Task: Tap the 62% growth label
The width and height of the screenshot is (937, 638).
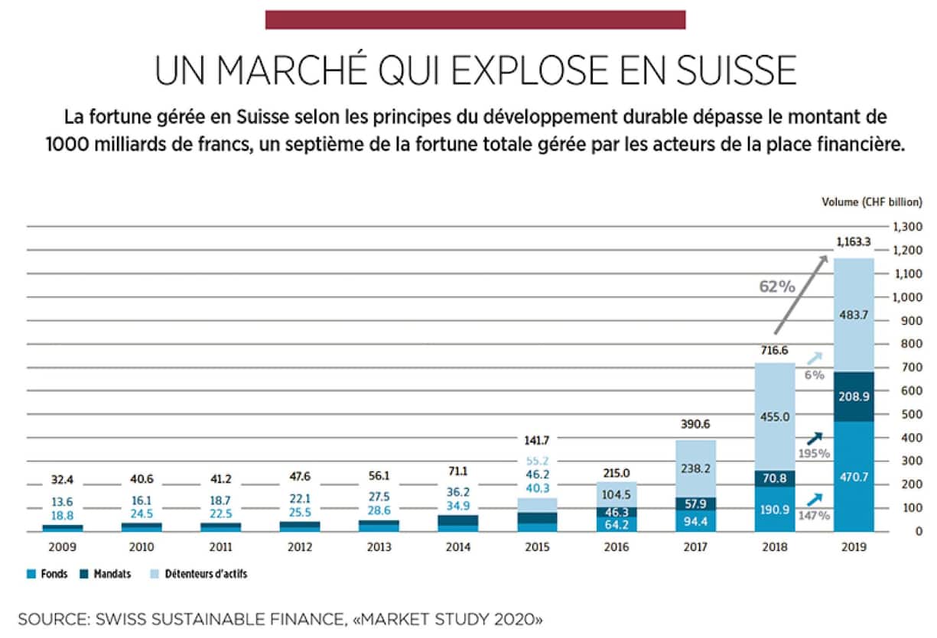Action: tap(777, 287)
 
